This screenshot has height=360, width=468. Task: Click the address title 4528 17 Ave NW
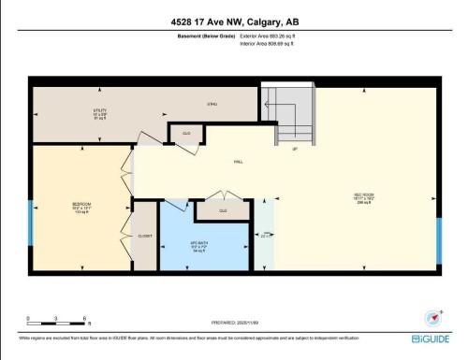(234, 22)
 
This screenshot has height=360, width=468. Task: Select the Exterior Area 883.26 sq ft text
(273, 35)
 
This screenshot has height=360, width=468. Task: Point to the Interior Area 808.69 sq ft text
(273, 42)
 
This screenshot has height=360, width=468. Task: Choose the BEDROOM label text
(81, 207)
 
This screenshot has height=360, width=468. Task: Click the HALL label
(239, 162)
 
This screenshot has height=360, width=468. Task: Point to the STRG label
(212, 104)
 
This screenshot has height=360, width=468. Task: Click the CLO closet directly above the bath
(223, 211)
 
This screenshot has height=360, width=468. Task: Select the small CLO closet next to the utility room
(185, 134)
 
